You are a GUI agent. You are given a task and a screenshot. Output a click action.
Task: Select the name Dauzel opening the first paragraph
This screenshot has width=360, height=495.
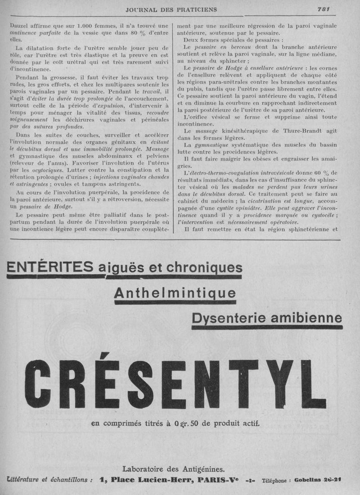tap(19, 26)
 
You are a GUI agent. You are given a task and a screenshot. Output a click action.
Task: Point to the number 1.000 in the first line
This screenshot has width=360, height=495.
tap(84, 26)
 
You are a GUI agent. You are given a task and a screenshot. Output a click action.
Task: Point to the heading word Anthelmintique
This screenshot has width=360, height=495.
tap(175, 293)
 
